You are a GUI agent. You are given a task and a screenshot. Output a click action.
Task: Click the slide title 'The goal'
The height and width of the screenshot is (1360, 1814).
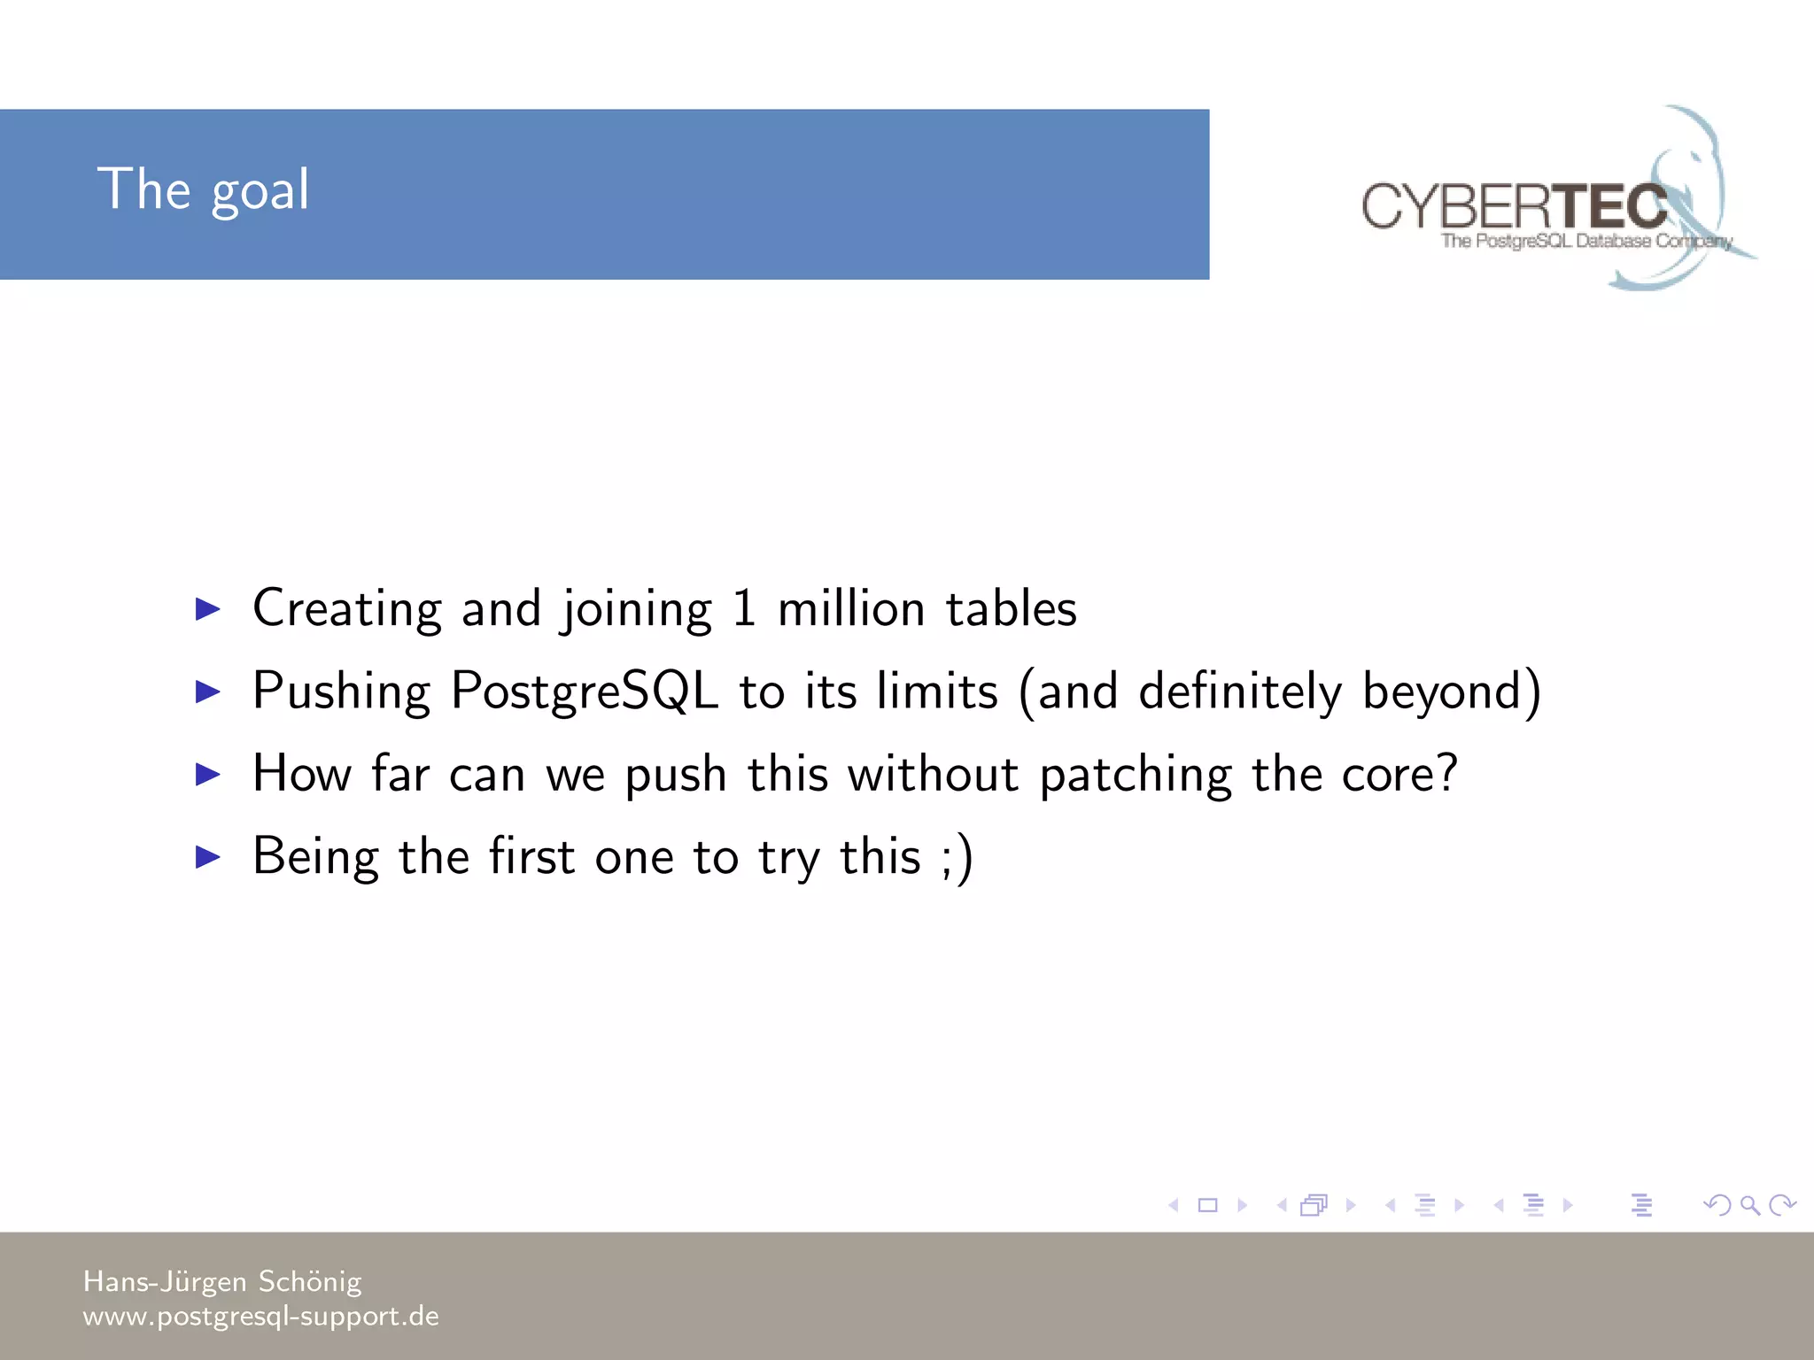(x=203, y=189)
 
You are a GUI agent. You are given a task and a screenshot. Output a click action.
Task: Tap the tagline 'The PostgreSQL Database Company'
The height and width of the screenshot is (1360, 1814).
(x=1585, y=241)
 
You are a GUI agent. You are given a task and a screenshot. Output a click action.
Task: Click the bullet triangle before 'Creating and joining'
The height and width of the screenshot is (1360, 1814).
(x=207, y=609)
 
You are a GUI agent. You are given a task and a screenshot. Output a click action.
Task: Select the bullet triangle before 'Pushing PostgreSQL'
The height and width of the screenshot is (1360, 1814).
(x=207, y=692)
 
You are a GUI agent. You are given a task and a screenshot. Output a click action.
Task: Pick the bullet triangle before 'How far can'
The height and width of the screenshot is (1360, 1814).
(x=207, y=775)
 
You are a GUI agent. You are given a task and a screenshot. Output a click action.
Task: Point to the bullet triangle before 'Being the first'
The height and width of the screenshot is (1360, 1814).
(x=207, y=857)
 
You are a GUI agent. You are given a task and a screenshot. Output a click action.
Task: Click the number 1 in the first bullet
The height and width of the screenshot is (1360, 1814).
(x=744, y=609)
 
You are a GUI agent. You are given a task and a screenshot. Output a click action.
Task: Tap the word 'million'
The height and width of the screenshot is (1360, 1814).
(x=851, y=609)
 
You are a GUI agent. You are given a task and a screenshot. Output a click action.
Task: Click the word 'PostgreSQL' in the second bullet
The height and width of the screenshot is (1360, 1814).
(x=584, y=692)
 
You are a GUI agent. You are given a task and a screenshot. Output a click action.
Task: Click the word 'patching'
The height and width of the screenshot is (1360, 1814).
(x=1135, y=775)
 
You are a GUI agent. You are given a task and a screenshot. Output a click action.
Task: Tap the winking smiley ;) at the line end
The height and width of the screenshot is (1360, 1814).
(x=957, y=857)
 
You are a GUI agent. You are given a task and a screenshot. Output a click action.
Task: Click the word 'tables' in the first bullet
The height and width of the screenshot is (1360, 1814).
(x=1011, y=609)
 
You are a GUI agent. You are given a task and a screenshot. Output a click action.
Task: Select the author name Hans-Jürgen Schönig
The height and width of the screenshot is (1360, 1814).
(x=222, y=1281)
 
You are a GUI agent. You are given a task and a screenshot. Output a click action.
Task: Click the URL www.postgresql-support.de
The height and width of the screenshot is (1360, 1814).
(x=260, y=1316)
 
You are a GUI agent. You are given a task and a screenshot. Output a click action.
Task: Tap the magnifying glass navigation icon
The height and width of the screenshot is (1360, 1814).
(x=1749, y=1205)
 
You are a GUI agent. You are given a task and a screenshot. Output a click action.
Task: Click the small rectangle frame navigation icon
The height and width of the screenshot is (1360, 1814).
(x=1207, y=1205)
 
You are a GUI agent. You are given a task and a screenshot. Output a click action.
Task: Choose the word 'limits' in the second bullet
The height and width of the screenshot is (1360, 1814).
(x=937, y=692)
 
